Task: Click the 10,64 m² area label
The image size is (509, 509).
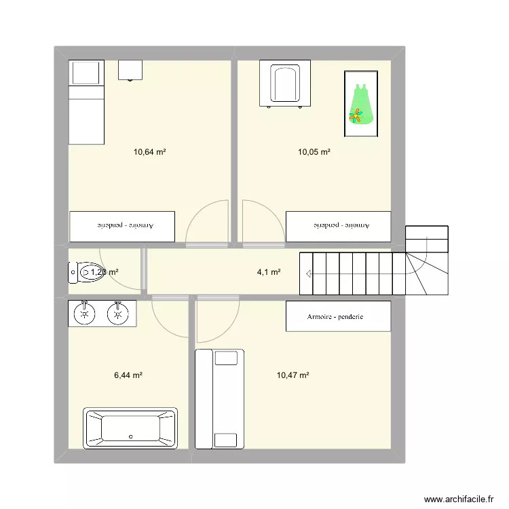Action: [x=150, y=152]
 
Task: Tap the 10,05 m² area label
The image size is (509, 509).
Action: [x=314, y=152]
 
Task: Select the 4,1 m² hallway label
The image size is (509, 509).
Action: [x=269, y=272]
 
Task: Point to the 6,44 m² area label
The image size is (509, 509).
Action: [x=128, y=375]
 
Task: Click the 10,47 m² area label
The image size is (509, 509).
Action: [x=293, y=375]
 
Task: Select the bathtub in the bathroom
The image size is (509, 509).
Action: [x=130, y=428]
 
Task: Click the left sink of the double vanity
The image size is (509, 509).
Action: [x=85, y=313]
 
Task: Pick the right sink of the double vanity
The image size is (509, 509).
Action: [x=118, y=313]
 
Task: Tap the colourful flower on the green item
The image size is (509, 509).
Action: [x=356, y=116]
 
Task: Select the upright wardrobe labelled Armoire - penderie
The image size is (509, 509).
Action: [x=338, y=317]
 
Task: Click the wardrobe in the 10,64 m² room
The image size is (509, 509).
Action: [x=122, y=226]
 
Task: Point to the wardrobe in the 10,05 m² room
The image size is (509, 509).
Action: [x=338, y=226]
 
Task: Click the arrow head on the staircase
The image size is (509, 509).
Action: [x=309, y=274]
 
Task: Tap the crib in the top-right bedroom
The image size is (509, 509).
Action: [x=285, y=84]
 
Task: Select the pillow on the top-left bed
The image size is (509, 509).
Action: [x=86, y=73]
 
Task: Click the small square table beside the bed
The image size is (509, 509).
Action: [x=130, y=69]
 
